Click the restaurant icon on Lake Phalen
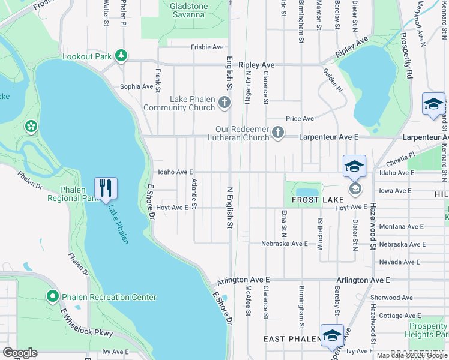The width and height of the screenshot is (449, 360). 106,188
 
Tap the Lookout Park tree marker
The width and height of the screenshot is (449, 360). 122,56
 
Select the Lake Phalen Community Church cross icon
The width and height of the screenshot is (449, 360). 224,102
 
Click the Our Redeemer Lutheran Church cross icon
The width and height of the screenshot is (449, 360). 277,132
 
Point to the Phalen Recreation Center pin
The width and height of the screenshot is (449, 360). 52,296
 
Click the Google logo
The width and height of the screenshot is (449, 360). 20,353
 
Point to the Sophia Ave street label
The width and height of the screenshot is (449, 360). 137,86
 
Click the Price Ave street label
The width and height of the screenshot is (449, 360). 300,119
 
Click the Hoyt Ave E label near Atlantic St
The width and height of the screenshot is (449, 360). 172,208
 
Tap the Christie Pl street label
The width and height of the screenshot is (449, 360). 400,158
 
